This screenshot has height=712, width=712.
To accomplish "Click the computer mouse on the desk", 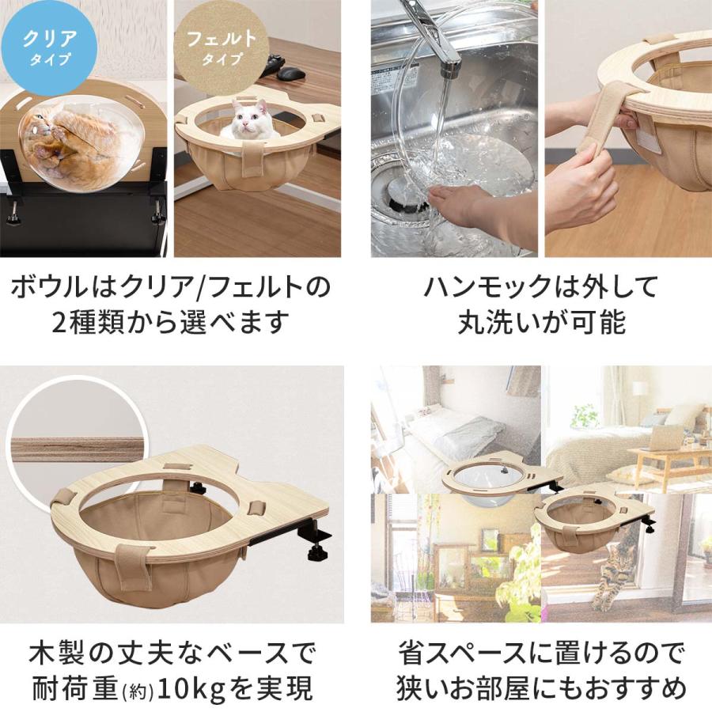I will click(291, 73).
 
